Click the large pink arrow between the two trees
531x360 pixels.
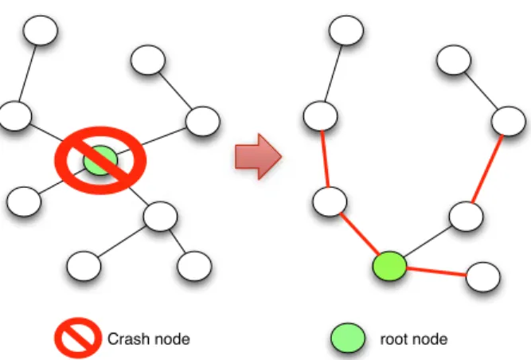pos(258,156)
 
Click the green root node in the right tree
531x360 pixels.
pos(389,266)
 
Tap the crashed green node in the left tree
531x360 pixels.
pos(100,160)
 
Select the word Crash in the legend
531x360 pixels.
pos(127,339)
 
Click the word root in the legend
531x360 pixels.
pos(395,339)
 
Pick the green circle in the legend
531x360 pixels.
pos(348,338)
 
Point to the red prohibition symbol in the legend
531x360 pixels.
pos(78,338)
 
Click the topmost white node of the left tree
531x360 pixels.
pos(41,30)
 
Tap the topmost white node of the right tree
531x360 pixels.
pos(346,30)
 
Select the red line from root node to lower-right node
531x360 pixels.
pos(436,272)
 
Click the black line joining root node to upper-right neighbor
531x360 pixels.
pos(428,242)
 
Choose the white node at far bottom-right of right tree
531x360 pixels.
pos(483,277)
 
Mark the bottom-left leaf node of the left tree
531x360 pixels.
pos(84,266)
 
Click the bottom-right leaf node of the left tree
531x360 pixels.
pos(194,266)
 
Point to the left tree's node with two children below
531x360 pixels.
pos(160,217)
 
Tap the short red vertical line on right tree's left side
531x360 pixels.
pos(325,159)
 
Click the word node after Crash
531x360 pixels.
pos(171,339)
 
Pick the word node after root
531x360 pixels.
pos(431,339)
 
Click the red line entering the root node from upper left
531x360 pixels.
pos(360,234)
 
